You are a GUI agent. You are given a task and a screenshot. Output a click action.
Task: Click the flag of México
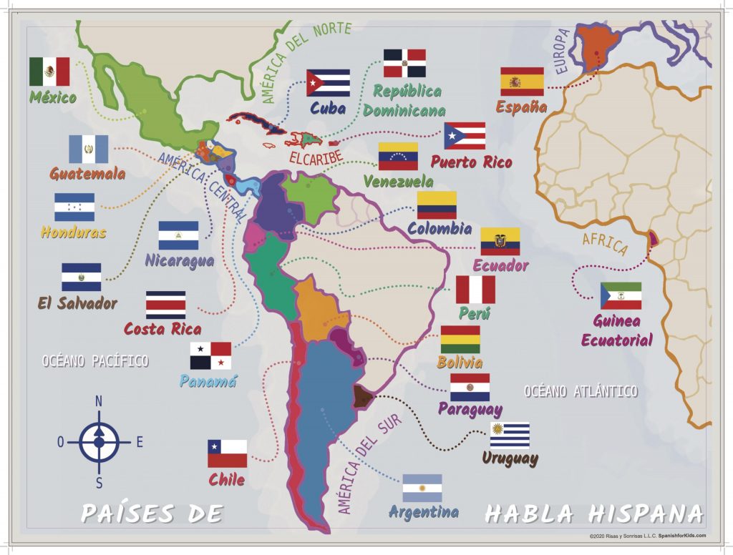coord(49,72)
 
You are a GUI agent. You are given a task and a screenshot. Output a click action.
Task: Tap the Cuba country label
coord(328,109)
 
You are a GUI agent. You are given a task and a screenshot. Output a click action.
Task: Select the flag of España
coord(522,82)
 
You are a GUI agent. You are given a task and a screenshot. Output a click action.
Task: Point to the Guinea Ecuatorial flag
coord(621,296)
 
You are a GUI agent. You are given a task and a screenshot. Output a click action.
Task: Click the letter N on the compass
coord(99,401)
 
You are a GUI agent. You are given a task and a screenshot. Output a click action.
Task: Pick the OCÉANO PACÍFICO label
coord(95,361)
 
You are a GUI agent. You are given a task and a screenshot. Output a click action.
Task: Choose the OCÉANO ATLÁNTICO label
coord(581,391)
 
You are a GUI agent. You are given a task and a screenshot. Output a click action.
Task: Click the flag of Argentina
coord(422,488)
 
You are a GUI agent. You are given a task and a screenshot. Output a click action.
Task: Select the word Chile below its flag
coord(227,479)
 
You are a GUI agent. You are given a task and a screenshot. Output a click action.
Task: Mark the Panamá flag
coord(210,355)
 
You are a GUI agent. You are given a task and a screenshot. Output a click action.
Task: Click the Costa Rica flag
coord(165,305)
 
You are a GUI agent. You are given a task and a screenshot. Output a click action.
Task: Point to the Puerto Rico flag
coord(465,136)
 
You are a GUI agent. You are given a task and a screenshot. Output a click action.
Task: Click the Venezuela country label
coord(398,181)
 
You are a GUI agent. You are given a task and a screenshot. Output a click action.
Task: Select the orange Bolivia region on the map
coord(320,308)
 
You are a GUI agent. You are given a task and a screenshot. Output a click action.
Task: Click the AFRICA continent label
coord(604,243)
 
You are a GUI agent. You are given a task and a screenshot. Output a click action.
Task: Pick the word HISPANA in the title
coord(646,513)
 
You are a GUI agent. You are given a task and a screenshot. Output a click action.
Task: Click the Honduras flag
coord(74,207)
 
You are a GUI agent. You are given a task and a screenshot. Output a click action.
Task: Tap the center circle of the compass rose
coord(99,442)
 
